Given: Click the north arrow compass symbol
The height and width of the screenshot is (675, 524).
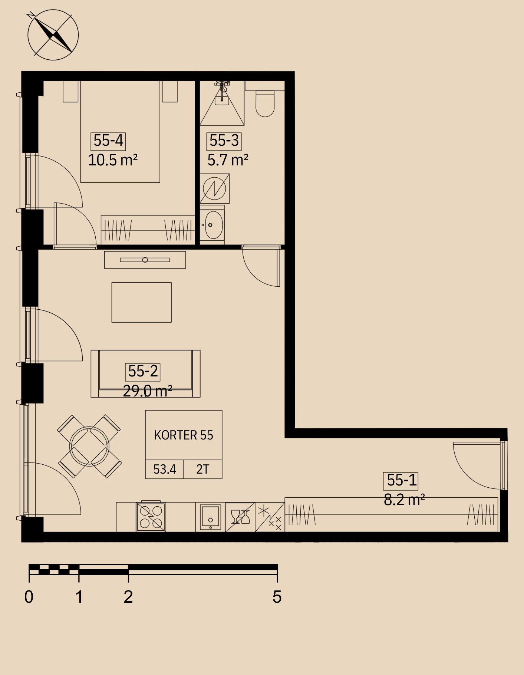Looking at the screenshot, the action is point(53,35).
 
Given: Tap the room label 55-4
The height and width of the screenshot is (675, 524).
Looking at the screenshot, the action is point(108,141).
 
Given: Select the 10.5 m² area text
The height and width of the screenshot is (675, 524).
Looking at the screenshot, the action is point(113,160).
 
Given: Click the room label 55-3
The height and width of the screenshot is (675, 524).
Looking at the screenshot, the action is point(224,141).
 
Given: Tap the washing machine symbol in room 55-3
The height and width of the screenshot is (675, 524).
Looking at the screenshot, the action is point(214,189).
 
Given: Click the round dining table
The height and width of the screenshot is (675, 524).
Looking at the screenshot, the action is point(89,446).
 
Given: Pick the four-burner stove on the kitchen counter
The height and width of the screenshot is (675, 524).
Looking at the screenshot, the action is point(151,517).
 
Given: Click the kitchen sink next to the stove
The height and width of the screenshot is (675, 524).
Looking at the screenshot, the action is point(210,517).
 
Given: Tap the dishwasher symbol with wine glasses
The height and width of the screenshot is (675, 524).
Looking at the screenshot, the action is point(240,517).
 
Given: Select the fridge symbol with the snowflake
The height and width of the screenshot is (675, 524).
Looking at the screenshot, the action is point(270,517).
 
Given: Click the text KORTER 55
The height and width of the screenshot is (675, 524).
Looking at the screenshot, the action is point(184,435).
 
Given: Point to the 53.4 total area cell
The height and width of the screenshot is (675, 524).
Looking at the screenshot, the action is point(164,470).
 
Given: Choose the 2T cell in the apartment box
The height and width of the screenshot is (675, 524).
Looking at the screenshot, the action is point(203,470).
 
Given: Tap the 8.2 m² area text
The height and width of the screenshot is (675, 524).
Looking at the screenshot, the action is point(404,500).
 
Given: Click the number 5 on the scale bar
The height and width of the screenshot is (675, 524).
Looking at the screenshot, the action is point(277,597).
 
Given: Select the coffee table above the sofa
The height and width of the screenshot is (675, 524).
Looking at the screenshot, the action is point(142,302).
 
